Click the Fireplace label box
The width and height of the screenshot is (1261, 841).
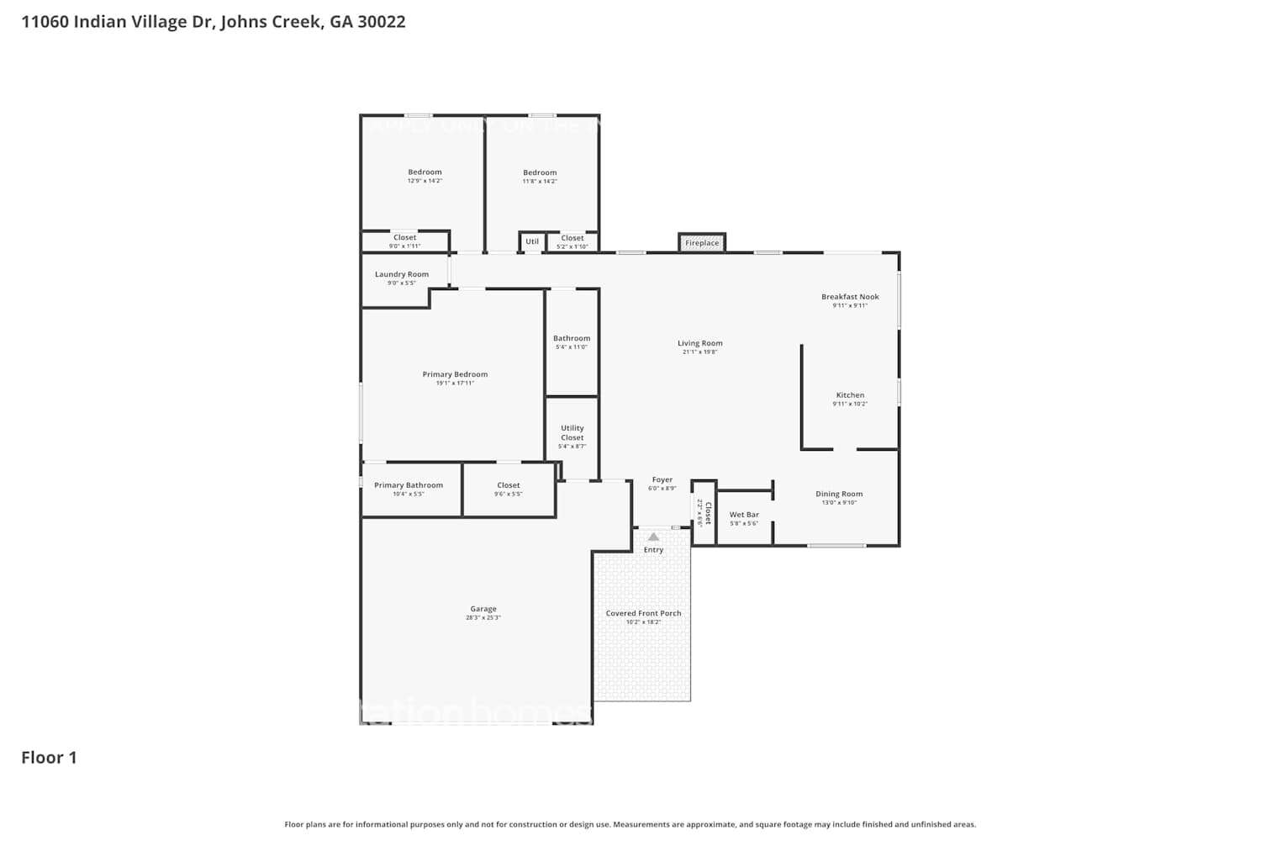tap(702, 243)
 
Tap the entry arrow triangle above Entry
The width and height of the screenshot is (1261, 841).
tap(653, 537)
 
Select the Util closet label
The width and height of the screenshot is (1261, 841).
tap(532, 241)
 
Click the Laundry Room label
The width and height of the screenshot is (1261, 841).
tap(402, 274)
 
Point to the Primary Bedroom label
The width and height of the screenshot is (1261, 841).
tap(455, 374)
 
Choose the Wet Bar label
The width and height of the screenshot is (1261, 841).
tap(744, 515)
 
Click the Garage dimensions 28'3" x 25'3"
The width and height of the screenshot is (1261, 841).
tap(483, 618)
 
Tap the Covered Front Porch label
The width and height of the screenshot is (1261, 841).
tap(643, 613)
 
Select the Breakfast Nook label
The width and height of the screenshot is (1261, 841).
tap(850, 297)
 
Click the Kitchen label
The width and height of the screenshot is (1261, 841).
tap(850, 395)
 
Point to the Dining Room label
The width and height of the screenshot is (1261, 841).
tap(839, 495)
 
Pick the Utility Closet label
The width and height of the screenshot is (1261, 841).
tap(572, 433)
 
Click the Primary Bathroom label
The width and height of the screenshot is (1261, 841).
tap(409, 485)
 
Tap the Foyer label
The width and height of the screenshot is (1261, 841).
tap(662, 480)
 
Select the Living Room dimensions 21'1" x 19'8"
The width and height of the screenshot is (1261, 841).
tap(700, 352)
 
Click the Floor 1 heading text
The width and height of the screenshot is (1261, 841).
tap(49, 758)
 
